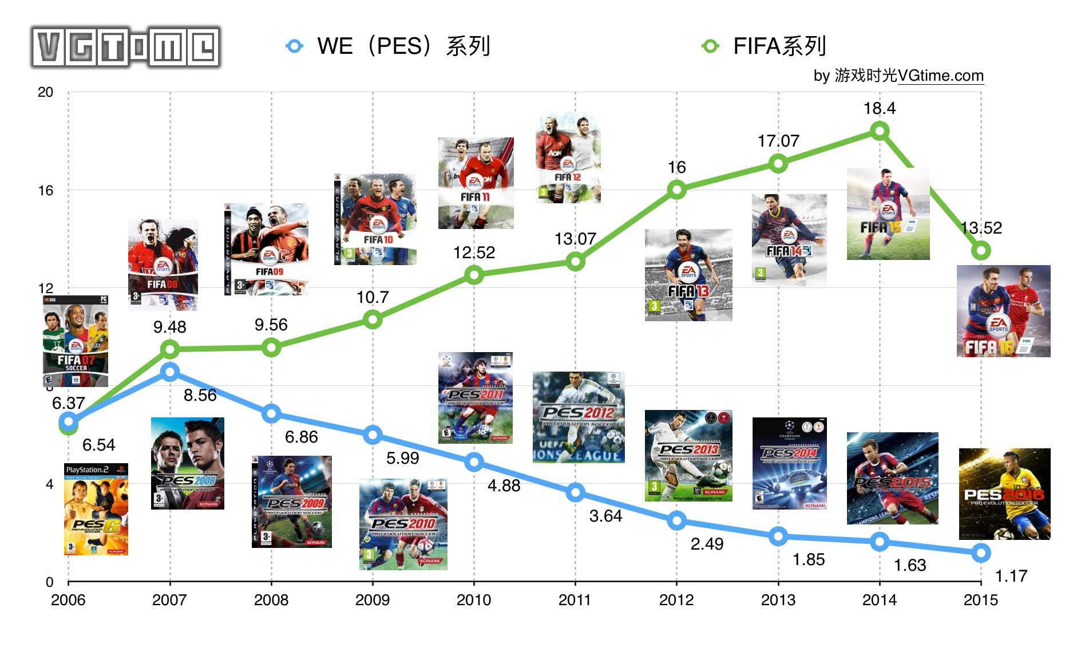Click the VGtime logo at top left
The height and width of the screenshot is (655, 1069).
pos(126,47)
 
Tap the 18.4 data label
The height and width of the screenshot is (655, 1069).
pos(879,108)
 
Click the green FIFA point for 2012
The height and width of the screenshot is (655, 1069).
pos(676,190)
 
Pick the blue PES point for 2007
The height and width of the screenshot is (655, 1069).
pos(169,372)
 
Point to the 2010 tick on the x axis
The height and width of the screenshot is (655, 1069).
pos(473,599)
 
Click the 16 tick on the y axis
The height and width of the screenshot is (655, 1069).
pos(45,191)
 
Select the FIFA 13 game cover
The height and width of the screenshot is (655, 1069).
pos(688,275)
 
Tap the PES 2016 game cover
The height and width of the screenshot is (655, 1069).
pos(1004,494)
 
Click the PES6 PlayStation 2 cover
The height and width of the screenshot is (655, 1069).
pos(96,509)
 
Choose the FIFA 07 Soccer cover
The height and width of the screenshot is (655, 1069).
pos(76,341)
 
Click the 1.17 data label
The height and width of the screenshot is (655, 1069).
pos(1011,576)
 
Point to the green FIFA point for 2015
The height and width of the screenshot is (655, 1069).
pos(981,251)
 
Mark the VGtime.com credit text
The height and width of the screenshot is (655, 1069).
pos(898,76)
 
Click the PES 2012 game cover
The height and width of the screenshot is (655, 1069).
pos(578,417)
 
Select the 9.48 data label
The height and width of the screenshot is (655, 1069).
pos(169,327)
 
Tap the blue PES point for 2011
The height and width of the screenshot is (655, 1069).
pos(575,492)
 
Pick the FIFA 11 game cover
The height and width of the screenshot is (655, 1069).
pos(476,183)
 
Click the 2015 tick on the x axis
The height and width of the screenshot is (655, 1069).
pos(980,599)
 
